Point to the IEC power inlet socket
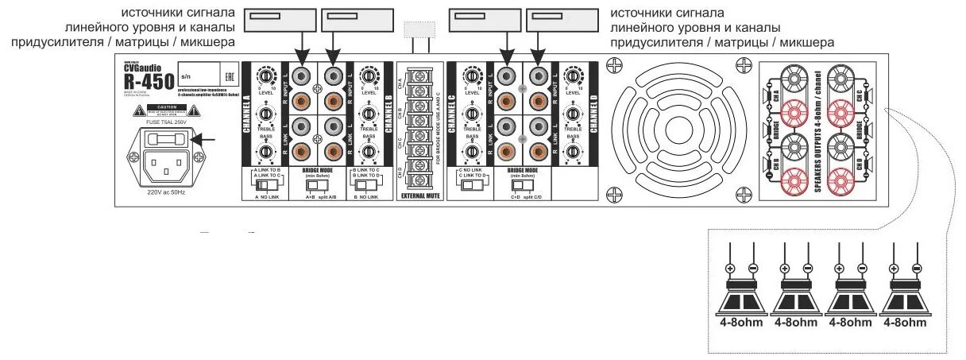[x=165, y=165]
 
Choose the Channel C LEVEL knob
[x=472, y=77]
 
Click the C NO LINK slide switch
[x=473, y=184]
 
